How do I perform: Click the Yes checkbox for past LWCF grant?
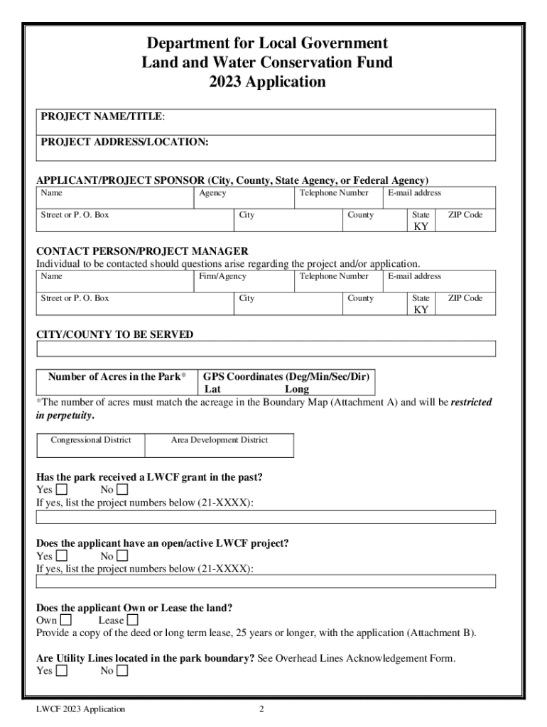pos(62,490)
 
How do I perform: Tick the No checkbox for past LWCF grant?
pos(122,490)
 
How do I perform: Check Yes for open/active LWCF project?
pos(62,556)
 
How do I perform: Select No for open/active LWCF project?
pos(122,556)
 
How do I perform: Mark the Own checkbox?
pos(66,621)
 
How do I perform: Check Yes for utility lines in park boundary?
pos(62,671)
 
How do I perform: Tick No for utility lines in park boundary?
pos(122,671)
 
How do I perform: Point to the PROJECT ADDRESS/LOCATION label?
pos(124,142)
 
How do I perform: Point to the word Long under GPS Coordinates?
pos(297,389)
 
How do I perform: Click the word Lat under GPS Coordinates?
pos(212,389)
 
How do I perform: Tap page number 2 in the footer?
pos(261,709)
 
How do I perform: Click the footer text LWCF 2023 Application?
pos(82,709)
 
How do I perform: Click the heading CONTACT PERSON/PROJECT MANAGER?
pos(142,251)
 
